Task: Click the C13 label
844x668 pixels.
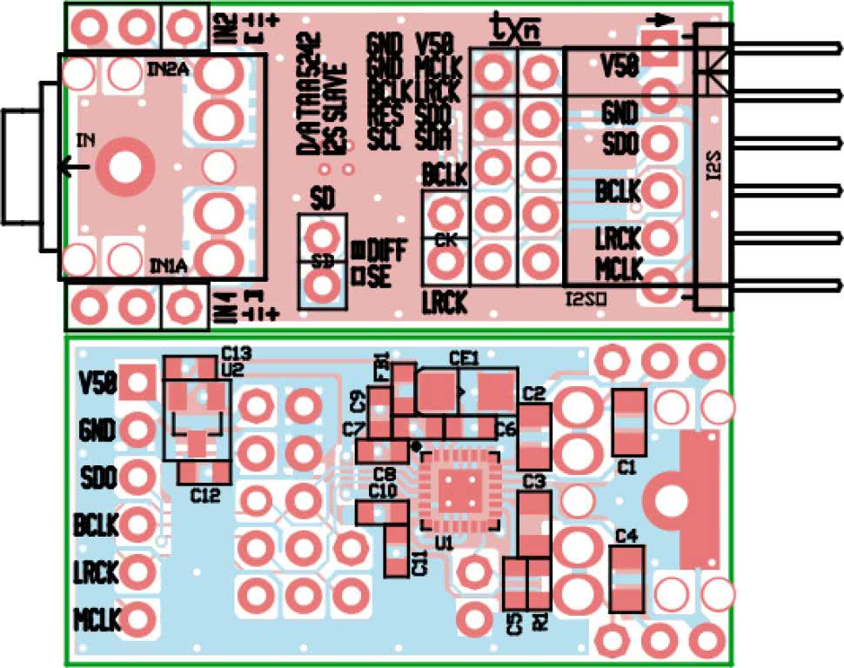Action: pos(236,353)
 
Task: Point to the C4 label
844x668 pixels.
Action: pos(626,535)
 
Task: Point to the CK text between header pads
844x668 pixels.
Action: pos(444,237)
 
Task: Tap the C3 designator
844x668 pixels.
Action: pos(534,481)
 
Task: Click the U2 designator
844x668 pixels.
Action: pos(232,368)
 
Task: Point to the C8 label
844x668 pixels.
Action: pos(385,474)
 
